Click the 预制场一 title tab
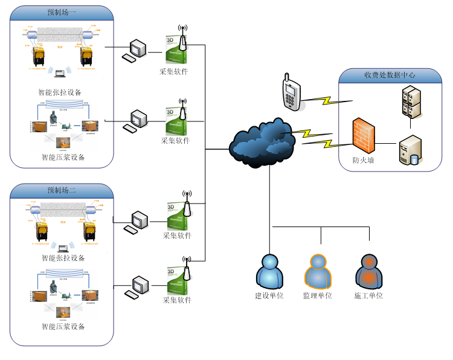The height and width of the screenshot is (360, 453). (x=62, y=12)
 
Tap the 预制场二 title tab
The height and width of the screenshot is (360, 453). (x=62, y=190)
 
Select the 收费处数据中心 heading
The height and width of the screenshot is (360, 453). (x=389, y=76)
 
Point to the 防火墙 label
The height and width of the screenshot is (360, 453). (x=364, y=161)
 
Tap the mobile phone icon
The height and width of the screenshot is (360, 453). (x=292, y=93)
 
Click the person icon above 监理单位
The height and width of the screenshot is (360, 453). (x=318, y=272)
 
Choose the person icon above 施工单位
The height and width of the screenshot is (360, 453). (x=368, y=272)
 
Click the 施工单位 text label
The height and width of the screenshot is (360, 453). (x=368, y=296)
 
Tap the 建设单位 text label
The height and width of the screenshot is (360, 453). (x=269, y=296)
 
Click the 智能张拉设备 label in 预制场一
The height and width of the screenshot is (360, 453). (x=60, y=92)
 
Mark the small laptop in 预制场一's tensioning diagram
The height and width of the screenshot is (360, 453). (x=60, y=74)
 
